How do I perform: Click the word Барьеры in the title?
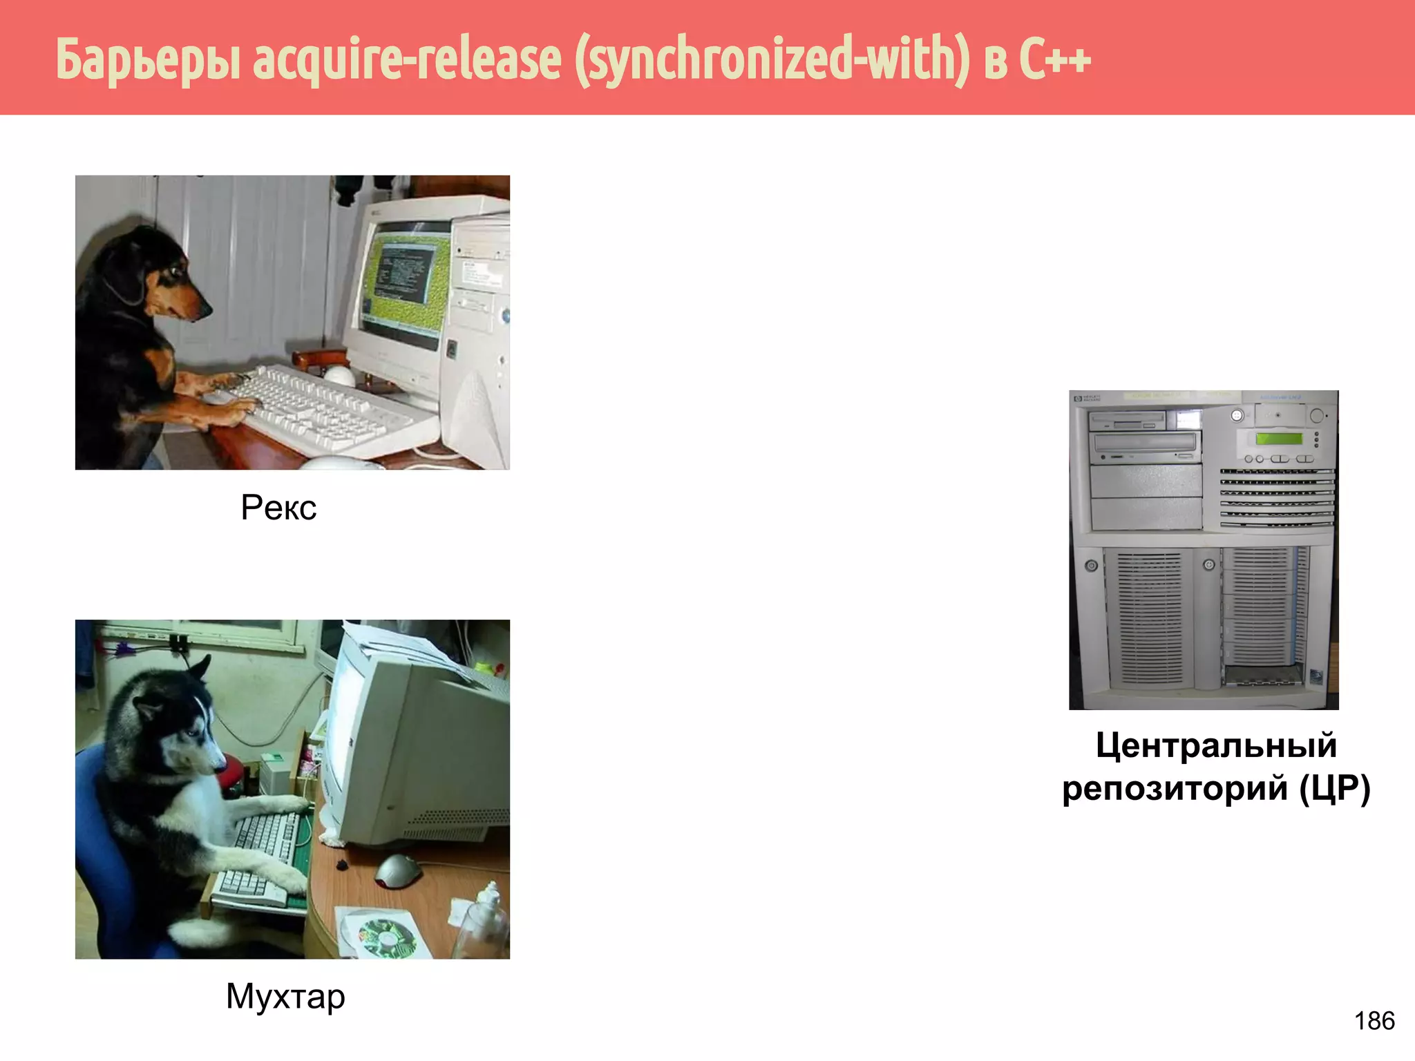[x=149, y=59]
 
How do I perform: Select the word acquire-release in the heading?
[x=408, y=59]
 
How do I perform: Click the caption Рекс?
[x=278, y=508]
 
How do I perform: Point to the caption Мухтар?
[x=285, y=997]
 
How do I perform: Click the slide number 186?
[x=1374, y=1021]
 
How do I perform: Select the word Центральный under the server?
[x=1216, y=746]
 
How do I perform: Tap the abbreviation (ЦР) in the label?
[x=1334, y=788]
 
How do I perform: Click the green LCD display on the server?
[x=1279, y=439]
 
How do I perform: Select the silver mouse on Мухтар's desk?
[x=397, y=870]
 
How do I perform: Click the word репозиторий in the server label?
[x=1175, y=788]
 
